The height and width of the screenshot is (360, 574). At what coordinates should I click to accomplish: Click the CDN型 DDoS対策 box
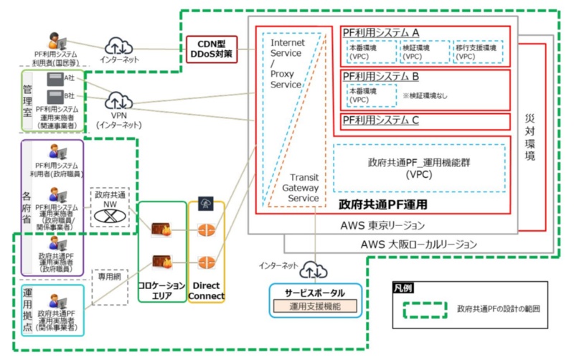coord(212,48)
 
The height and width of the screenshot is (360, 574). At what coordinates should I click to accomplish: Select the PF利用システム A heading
coord(382,32)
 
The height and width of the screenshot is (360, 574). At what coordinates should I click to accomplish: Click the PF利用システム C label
coord(381,120)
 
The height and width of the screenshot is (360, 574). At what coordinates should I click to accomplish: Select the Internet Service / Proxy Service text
coord(286,63)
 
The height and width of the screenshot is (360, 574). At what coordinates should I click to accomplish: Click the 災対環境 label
coord(531,136)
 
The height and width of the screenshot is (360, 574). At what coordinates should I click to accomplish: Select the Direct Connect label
coord(206,290)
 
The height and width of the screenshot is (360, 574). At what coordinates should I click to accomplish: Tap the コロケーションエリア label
coord(161,290)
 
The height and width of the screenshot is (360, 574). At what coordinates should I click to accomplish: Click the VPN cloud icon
coord(118,101)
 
